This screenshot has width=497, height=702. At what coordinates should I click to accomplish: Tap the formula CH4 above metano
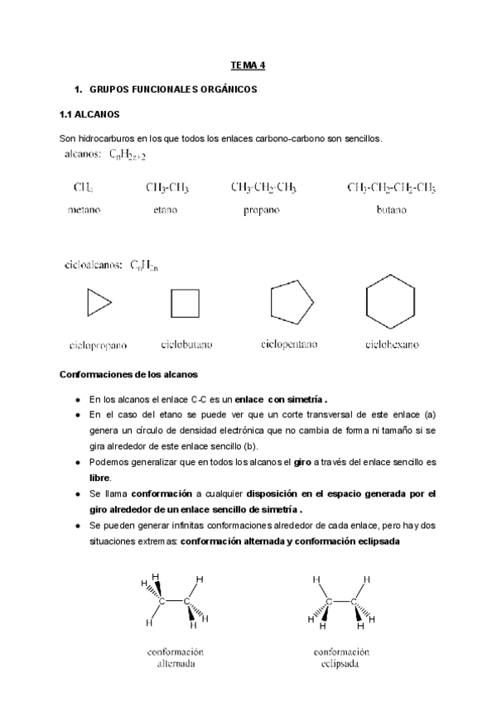pos(84,188)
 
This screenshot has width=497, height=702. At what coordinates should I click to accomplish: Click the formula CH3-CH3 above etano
pos(167,188)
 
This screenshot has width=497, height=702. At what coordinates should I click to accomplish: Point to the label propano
pos(262,210)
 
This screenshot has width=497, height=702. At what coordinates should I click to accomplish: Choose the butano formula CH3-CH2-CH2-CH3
pos(391,188)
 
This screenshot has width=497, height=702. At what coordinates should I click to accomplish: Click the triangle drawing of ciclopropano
pos(98,304)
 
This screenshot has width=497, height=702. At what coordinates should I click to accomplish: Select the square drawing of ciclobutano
pos(185,304)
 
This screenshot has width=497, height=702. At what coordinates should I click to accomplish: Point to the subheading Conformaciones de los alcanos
pos(128,374)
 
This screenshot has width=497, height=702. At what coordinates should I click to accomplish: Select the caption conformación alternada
pos(176,657)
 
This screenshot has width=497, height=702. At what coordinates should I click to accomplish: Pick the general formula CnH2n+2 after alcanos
pos(128,155)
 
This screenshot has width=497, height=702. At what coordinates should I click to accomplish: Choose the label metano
pos(84,210)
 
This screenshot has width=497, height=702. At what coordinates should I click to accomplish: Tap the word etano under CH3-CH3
pos(166,210)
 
